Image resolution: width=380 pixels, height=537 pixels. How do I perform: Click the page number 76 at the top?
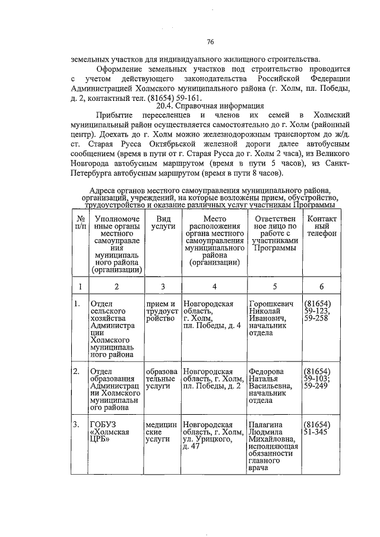(210, 42)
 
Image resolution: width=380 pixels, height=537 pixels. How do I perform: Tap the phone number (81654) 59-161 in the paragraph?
(175, 97)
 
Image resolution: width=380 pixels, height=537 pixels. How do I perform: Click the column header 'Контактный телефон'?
(321, 226)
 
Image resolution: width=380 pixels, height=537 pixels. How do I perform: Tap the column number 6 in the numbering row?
(321, 287)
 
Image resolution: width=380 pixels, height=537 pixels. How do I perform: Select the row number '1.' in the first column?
(77, 305)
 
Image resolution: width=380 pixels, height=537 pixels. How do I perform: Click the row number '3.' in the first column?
(77, 425)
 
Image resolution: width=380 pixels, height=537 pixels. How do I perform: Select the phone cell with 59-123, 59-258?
(318, 313)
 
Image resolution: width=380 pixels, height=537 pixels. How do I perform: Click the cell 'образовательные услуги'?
(161, 379)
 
